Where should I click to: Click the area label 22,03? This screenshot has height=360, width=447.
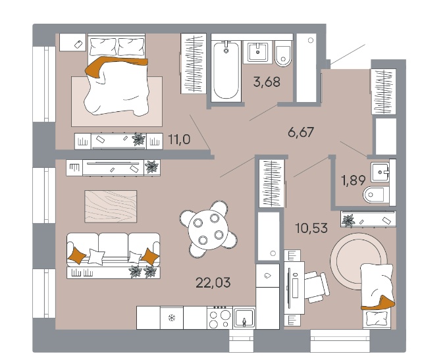tap(213, 283)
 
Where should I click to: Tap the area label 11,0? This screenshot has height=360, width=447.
tap(179, 140)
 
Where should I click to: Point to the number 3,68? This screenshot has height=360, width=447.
tap(267, 82)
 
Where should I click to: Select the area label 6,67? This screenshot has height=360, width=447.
tap(301, 132)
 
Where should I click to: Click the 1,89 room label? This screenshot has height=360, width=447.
tap(354, 180)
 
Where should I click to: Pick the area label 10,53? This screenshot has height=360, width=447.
tap(311, 228)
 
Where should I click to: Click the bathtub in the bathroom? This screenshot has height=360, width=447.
tap(226, 71)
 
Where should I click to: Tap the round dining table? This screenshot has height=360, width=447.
tap(209, 228)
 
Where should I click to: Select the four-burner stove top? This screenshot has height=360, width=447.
tap(219, 317)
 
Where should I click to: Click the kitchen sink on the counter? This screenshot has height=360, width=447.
tap(244, 318)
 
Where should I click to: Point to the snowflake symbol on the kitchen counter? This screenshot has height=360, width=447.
tap(172, 317)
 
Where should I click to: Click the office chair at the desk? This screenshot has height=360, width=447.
tap(317, 287)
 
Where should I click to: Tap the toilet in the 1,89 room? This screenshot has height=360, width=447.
tap(376, 195)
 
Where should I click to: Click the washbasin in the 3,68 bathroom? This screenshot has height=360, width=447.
tap(257, 52)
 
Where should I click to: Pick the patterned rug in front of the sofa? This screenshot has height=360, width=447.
tap(111, 207)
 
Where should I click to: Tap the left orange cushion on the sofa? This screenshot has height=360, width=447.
tap(76, 255)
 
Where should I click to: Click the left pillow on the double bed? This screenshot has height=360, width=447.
tap(103, 47)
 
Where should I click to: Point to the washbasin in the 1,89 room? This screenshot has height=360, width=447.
tap(380, 172)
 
